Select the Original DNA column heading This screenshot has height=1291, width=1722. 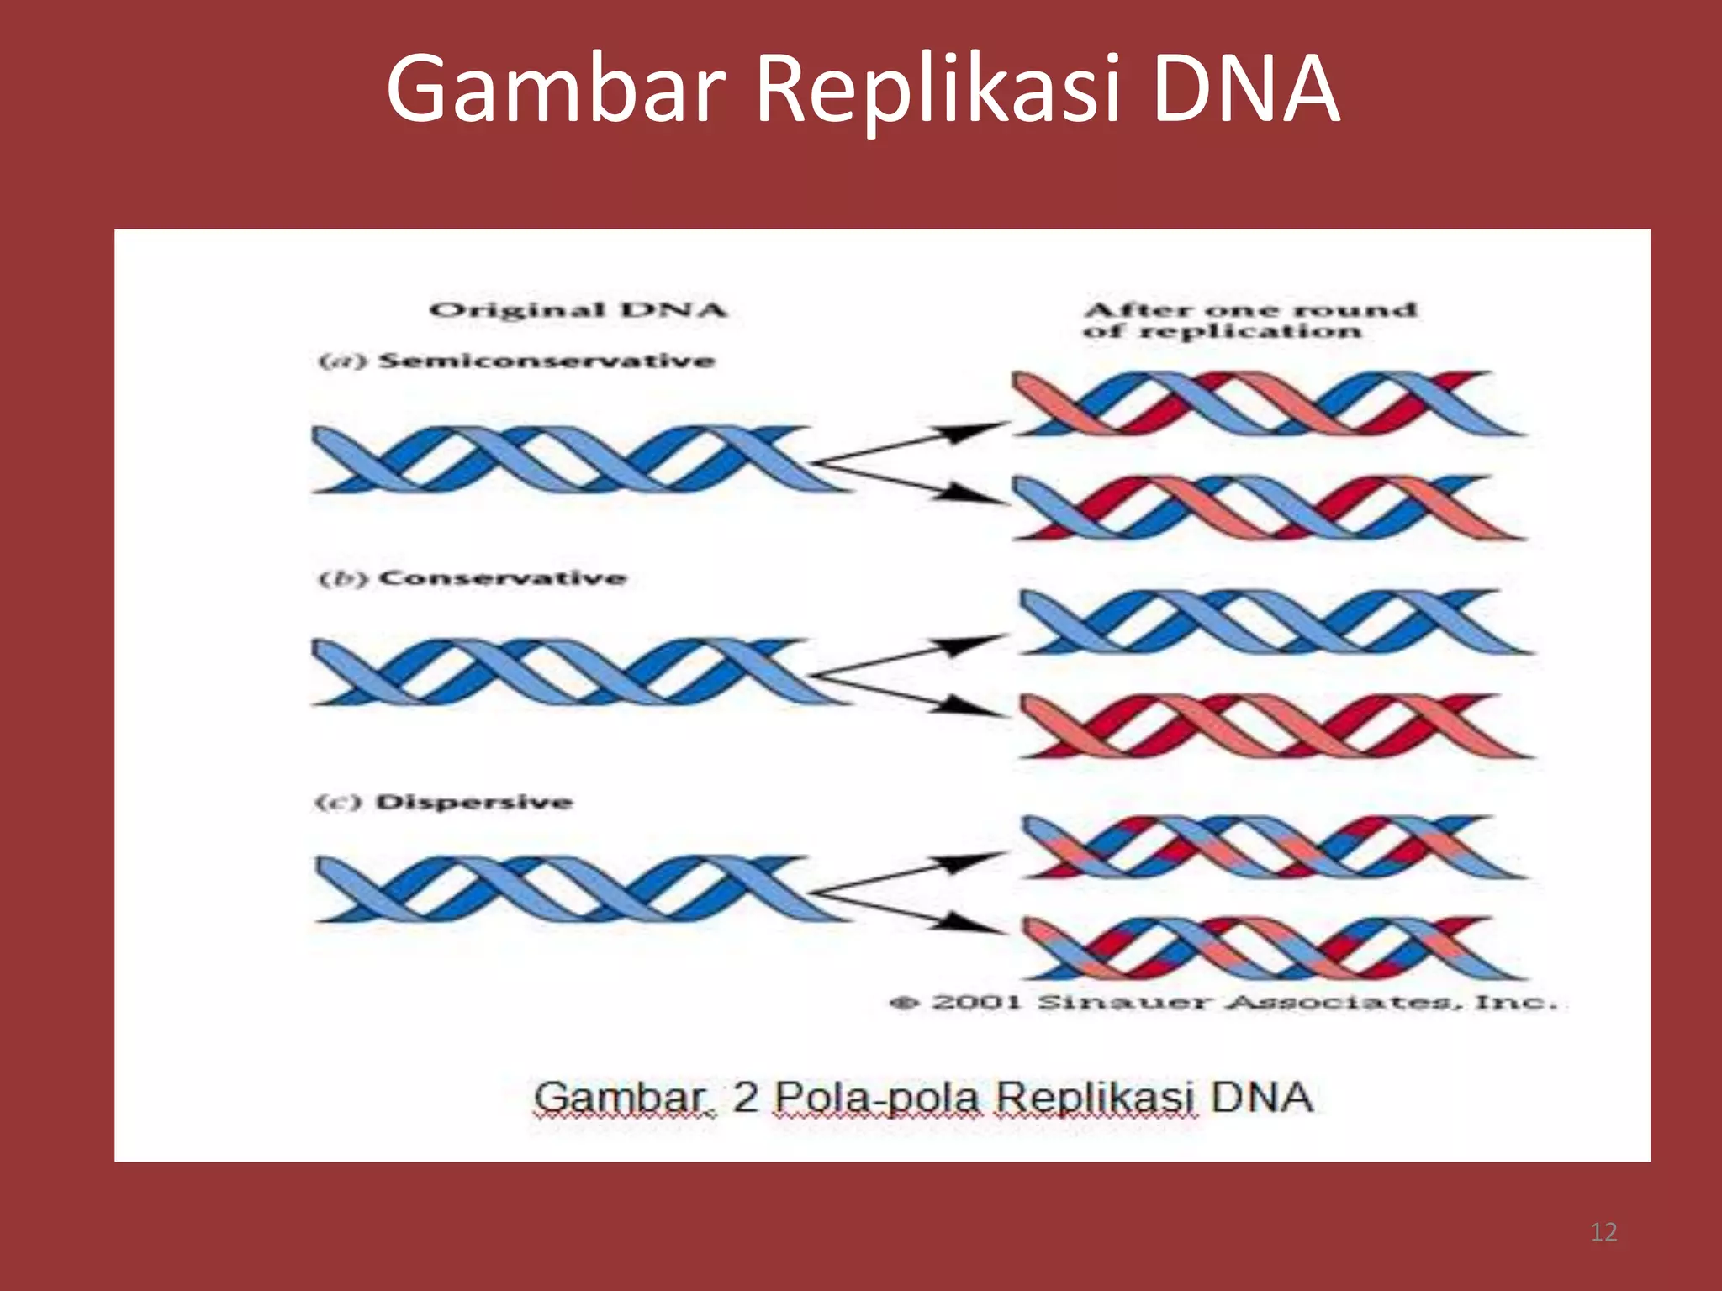tap(578, 310)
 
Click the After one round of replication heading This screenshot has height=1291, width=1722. tap(1250, 320)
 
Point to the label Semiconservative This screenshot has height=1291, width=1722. tap(547, 361)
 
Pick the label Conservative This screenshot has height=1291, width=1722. tap(502, 578)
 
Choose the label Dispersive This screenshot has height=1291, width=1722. tap(473, 802)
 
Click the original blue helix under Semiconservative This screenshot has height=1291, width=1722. tap(572, 459)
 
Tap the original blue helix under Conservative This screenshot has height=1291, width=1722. tap(572, 672)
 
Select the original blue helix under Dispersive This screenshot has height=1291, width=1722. tap(572, 889)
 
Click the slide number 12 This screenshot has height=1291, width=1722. tap(1603, 1232)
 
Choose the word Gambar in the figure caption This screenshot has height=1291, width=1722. tap(621, 1098)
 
